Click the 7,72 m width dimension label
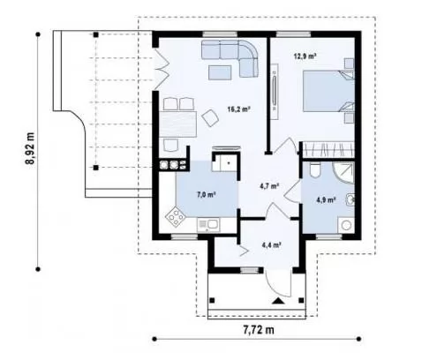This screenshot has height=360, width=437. [x=259, y=330]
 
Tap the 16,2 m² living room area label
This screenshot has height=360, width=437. [x=238, y=109]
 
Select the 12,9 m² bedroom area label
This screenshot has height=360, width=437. [x=305, y=56]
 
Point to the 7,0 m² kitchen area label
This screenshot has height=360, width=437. [x=206, y=194]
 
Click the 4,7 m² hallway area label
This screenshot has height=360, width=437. [x=269, y=186]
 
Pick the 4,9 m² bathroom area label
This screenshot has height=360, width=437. [x=326, y=200]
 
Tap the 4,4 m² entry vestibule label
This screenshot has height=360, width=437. [x=272, y=244]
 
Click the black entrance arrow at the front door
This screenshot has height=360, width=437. [x=277, y=301]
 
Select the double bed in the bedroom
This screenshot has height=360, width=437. [x=328, y=91]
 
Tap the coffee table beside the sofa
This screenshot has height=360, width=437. [x=220, y=72]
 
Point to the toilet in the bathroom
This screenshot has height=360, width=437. [x=315, y=170]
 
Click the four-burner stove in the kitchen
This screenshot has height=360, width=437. [x=175, y=217]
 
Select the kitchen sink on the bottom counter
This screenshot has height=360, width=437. [x=208, y=225]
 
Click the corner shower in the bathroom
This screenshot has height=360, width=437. [x=344, y=172]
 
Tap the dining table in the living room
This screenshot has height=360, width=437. [x=177, y=124]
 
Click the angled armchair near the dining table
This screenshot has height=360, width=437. [x=210, y=117]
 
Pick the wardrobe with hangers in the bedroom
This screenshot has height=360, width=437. [x=328, y=149]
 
